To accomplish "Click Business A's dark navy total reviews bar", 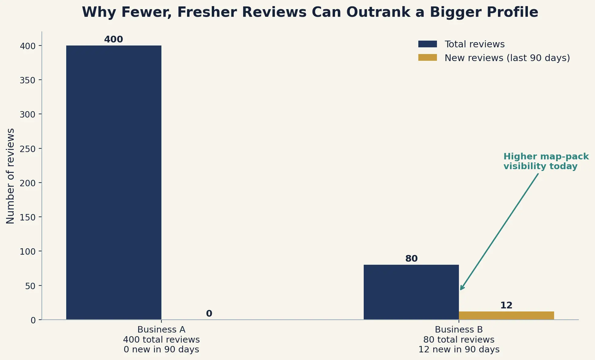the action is pos(114,183).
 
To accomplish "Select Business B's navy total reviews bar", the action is pos(411,292).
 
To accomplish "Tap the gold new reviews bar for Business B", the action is pos(506,316).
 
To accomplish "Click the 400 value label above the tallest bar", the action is pos(114,39).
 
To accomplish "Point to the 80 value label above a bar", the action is pos(411,259).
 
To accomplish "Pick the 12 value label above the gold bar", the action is pos(506,305).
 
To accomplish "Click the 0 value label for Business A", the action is pos(209,314).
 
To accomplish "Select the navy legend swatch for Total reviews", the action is pos(427,44).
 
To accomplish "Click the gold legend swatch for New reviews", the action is pos(427,57).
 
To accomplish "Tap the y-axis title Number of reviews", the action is pos(10,176).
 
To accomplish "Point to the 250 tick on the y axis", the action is pos(27,149).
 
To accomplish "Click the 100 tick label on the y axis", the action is pos(27,252).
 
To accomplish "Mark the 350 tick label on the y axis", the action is pos(27,80).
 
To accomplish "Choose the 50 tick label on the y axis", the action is pos(30,286).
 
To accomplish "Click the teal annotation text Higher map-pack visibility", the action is pos(546,162).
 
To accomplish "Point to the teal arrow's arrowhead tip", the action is pos(460,290).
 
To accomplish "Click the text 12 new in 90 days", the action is pos(459,349).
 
